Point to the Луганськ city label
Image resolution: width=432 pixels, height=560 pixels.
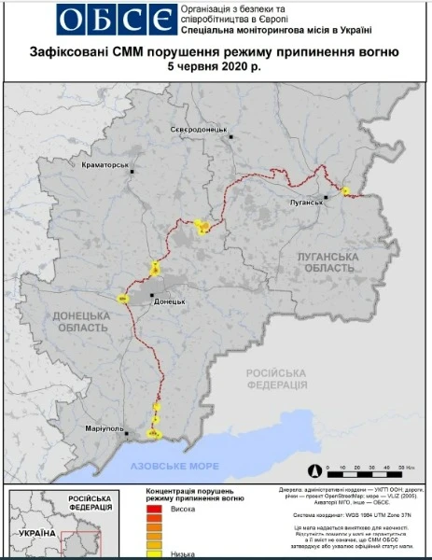pos(305,201)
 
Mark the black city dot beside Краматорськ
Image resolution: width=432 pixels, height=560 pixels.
pos(132,172)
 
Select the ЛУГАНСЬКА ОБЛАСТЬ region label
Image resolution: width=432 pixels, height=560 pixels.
pos(327,261)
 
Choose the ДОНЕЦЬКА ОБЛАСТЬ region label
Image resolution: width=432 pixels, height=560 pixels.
pos(79,321)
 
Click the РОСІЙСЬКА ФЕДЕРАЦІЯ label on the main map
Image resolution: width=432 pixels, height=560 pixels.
pos(276,379)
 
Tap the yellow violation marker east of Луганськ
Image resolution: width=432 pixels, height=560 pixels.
pos(345,191)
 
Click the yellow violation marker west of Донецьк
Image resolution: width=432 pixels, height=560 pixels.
pos(121,298)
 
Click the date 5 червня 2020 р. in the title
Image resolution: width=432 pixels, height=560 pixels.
pos(216,69)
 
